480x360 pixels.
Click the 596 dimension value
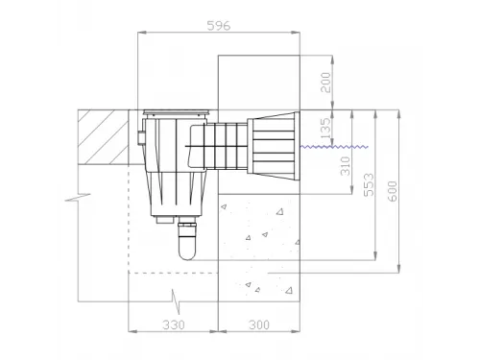pyautogui.click(x=219, y=26)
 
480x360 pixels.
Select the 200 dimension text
pyautogui.click(x=325, y=83)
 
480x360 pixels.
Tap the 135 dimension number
pyautogui.click(x=325, y=129)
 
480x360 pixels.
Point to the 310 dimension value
pyautogui.click(x=346, y=166)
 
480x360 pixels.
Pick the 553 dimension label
pyautogui.click(x=369, y=184)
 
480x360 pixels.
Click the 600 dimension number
pyautogui.click(x=393, y=191)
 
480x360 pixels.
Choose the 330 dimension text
pyautogui.click(x=174, y=324)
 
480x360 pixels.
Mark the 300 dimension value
pyautogui.click(x=259, y=324)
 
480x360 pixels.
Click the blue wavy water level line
pyautogui.click(x=334, y=147)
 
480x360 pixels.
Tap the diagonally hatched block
pyautogui.click(x=103, y=137)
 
